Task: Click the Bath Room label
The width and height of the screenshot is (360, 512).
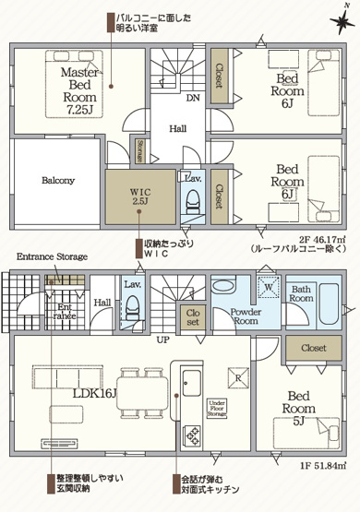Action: (x=302, y=293)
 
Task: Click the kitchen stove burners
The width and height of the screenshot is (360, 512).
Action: (x=193, y=434)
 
